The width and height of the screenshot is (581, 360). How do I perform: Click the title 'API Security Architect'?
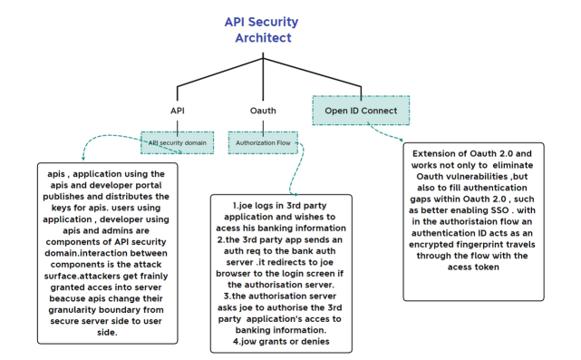click(258, 29)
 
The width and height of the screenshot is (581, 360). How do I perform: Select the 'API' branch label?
click(178, 110)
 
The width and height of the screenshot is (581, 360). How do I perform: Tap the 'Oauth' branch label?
click(263, 110)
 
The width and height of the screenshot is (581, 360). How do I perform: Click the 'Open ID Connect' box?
click(362, 111)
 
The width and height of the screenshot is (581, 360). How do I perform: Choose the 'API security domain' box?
click(178, 142)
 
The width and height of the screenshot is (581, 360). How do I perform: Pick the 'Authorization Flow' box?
click(263, 142)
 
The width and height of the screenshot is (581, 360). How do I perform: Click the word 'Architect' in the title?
click(258, 38)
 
